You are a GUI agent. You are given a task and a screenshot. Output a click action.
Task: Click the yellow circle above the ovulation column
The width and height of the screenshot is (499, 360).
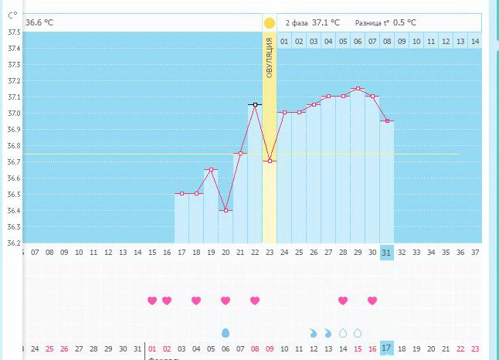click(269, 23)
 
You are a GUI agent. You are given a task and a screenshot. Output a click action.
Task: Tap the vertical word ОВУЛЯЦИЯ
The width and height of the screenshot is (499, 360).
click(270, 59)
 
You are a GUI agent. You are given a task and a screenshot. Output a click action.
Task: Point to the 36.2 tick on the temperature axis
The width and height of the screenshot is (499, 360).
click(14, 243)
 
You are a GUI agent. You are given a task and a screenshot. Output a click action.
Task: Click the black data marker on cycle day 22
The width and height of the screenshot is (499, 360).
click(255, 104)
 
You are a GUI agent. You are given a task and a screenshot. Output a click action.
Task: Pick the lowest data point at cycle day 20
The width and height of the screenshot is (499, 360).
click(226, 210)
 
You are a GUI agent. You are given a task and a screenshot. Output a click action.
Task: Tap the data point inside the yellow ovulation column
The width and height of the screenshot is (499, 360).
click(270, 161)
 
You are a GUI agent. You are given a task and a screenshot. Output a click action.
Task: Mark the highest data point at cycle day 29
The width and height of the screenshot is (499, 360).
click(358, 89)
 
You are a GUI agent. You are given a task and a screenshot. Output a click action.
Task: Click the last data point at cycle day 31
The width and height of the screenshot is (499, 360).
click(387, 121)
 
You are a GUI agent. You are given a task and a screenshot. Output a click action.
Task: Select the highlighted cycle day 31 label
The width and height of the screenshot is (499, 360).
click(387, 252)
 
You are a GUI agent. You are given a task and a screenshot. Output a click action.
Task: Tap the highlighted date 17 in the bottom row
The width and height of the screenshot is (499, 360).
click(387, 349)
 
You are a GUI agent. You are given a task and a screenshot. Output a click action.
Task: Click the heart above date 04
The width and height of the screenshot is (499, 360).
click(196, 301)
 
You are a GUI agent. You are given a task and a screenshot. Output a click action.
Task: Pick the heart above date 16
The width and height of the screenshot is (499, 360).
click(372, 301)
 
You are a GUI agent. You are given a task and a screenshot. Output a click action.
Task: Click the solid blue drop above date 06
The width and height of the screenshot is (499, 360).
click(226, 333)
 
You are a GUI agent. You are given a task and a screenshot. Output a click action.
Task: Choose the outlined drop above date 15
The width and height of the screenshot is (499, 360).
click(358, 333)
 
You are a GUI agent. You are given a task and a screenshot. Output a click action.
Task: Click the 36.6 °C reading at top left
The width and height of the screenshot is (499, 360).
click(39, 23)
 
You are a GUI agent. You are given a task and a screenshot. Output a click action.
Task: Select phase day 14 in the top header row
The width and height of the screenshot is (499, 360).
click(474, 40)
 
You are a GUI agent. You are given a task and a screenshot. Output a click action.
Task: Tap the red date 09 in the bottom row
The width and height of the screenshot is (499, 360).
click(270, 349)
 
